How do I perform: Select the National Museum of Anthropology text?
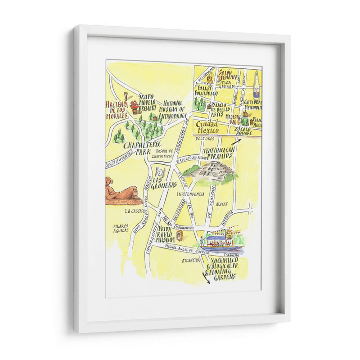coord(174,109)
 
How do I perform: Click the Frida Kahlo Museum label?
coord(166,234)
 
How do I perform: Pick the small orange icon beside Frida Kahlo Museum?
coord(180,235)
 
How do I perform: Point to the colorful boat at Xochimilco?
coord(221,242)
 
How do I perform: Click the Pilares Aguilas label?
coord(121,228)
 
